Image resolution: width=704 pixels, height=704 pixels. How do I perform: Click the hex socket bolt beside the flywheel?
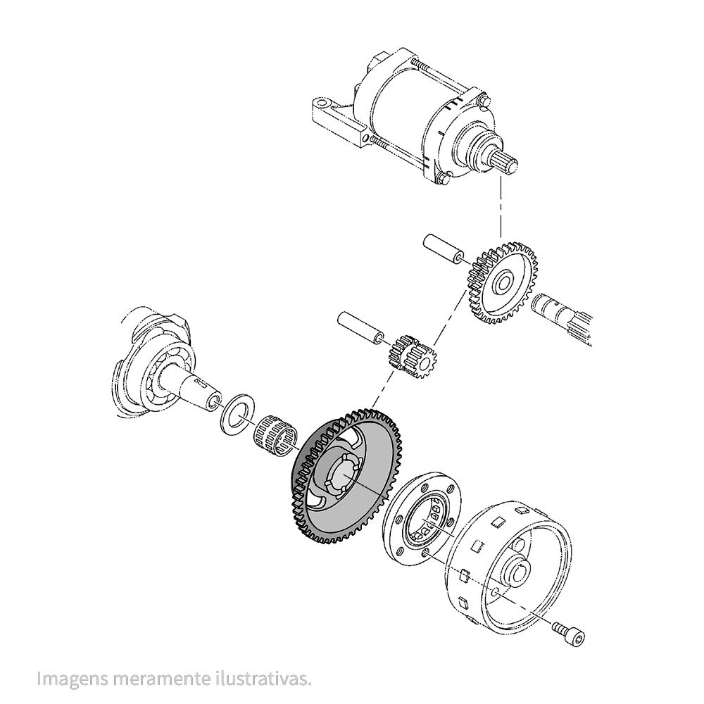570,632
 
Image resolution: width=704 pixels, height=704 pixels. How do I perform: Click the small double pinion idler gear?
412,354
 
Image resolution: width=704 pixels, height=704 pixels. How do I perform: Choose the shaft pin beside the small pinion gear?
360,328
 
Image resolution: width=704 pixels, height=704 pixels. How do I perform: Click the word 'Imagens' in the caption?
73,678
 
